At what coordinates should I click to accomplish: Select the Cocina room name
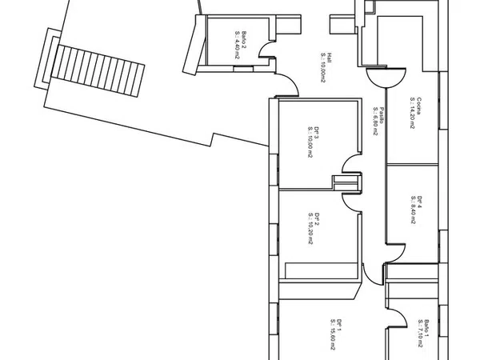418,104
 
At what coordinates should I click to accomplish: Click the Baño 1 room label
427,326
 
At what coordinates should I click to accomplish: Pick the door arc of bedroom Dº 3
350,164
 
